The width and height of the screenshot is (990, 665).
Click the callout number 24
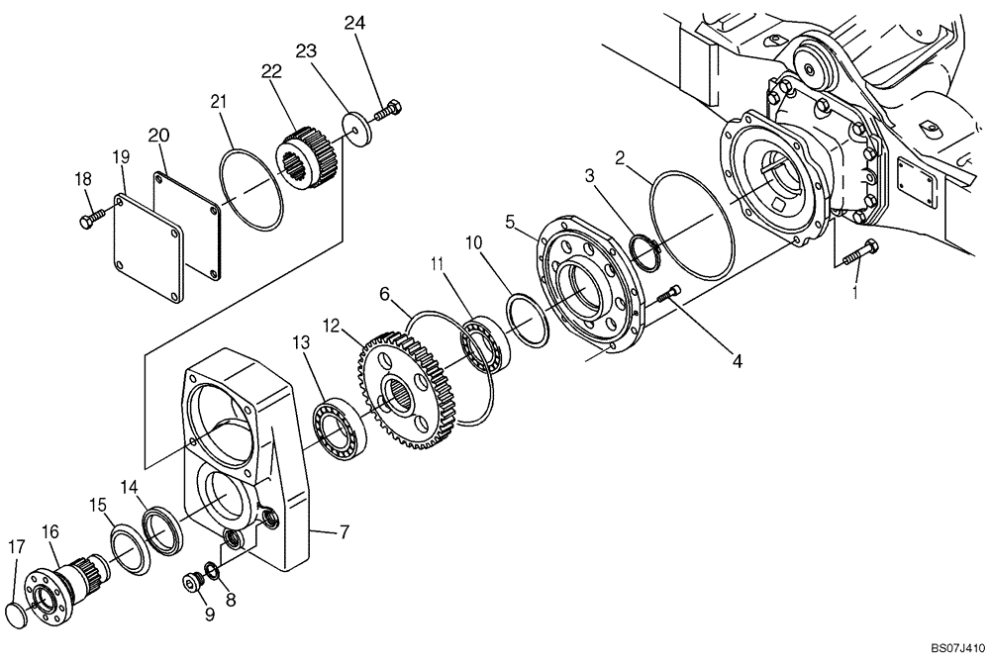click(x=354, y=22)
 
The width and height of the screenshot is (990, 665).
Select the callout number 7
click(x=344, y=533)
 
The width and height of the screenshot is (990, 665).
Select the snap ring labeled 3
click(x=643, y=250)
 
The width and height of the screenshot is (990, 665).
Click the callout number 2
click(x=619, y=156)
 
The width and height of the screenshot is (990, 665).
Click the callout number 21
click(x=219, y=100)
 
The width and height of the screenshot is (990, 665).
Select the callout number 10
click(x=472, y=240)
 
